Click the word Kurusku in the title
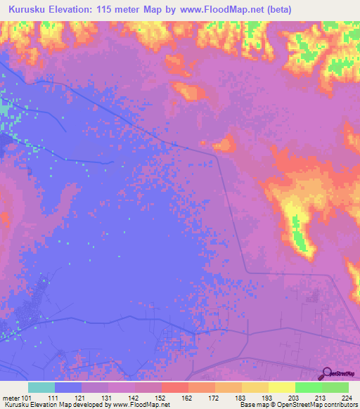[29, 9]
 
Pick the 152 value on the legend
[160, 397]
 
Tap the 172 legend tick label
[214, 397]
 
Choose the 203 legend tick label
[295, 397]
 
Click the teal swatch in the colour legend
[41, 387]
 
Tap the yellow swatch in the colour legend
[281, 387]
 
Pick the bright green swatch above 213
[308, 387]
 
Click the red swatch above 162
[174, 387]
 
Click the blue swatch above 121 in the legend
[67, 387]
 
